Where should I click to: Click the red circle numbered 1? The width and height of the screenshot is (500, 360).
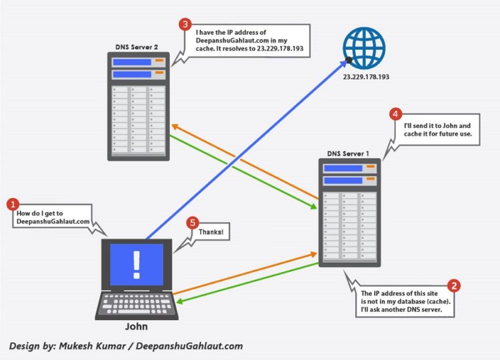12,203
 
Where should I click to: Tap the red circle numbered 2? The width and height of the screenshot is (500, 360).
454,285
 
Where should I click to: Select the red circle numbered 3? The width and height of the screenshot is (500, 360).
186,24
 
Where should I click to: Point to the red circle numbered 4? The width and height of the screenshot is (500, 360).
396,114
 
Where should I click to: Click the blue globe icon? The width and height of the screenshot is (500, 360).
364,47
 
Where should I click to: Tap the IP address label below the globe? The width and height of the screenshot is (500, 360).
366,78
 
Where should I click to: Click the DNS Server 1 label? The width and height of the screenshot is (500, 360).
348,154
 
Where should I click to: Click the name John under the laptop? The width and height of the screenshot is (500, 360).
136,327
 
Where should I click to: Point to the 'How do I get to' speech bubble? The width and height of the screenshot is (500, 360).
54,217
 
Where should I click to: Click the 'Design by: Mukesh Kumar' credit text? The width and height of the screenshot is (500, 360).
125,346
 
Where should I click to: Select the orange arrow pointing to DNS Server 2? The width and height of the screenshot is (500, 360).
240,160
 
